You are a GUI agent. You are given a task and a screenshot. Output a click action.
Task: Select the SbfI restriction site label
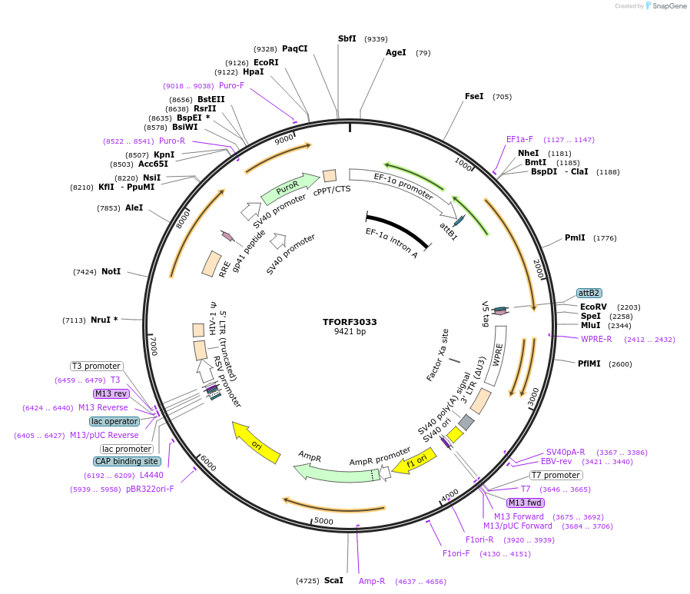point(347,38)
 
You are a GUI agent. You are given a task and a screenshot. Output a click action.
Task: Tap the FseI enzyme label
point(474,97)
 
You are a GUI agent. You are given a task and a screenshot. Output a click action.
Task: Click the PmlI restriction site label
point(575,238)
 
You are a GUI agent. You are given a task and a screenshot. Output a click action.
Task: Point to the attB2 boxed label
point(589,294)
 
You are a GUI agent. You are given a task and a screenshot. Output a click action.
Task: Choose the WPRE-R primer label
point(596,339)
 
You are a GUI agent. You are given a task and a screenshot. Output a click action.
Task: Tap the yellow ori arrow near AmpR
point(257,443)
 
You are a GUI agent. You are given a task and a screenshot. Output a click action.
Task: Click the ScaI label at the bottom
point(333,580)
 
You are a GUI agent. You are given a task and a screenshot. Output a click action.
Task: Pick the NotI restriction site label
point(111,271)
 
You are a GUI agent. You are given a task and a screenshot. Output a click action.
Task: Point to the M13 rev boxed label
point(111,393)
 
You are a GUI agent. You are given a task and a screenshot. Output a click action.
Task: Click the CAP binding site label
point(127,462)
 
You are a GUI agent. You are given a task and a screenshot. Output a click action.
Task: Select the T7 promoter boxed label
point(556,475)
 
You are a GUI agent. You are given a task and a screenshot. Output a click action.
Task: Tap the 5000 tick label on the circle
point(323,521)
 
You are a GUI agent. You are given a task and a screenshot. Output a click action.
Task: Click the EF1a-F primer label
point(519,140)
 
